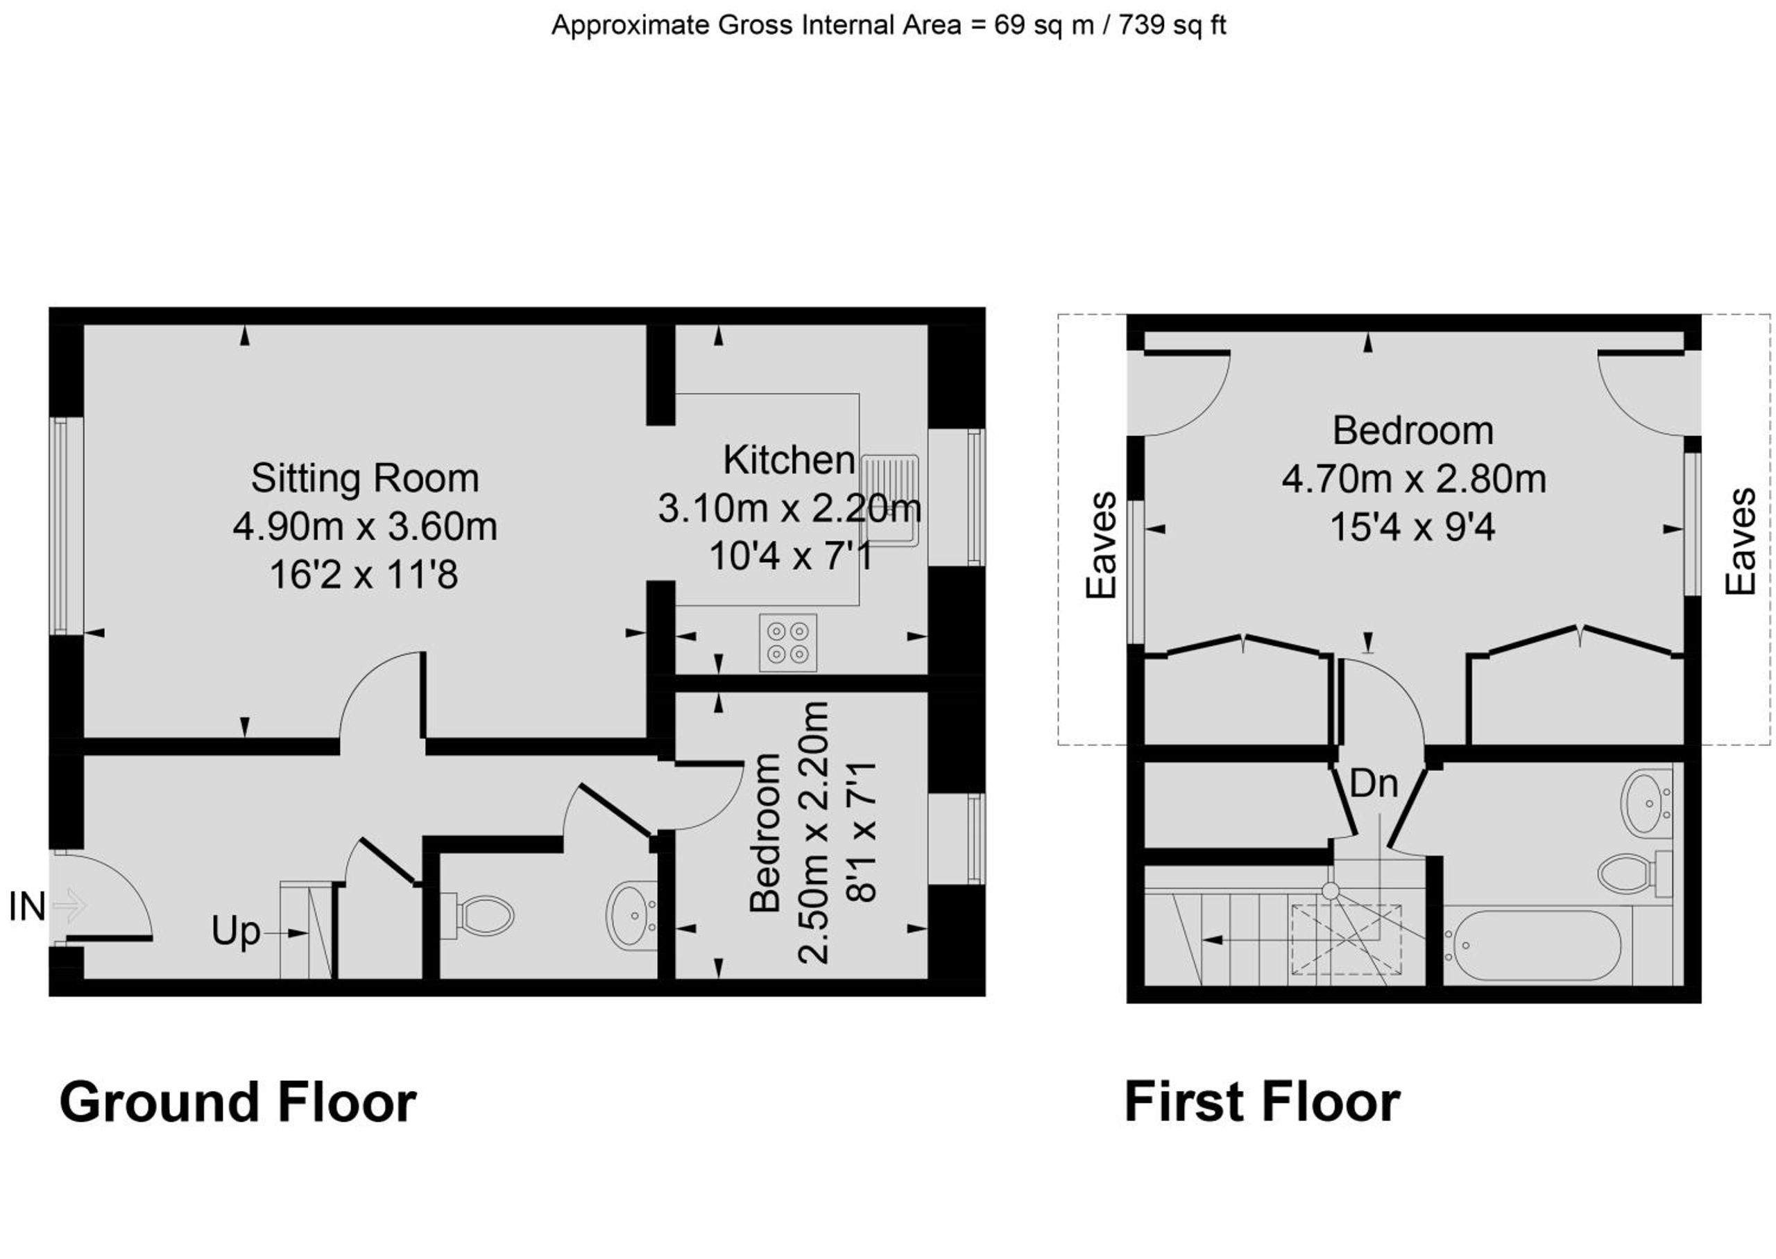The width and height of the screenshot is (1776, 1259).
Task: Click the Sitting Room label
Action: point(364,478)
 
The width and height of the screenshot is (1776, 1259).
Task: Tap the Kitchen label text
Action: point(789,460)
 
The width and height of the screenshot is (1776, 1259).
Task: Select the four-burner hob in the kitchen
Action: point(788,643)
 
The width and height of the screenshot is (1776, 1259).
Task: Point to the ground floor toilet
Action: point(478,917)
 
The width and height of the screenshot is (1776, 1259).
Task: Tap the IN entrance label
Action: point(27,907)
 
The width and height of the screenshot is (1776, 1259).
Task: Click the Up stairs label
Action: point(236,932)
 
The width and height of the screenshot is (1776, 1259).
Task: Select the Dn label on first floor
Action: point(1374,784)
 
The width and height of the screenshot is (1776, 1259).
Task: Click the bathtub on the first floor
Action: point(1537,945)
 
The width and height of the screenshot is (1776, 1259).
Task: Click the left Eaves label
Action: point(1101,545)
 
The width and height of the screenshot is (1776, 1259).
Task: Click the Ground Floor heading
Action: point(238,1102)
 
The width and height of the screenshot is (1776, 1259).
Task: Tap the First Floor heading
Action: point(1262,1102)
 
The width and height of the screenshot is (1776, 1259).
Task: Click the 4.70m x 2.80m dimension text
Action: point(1413,480)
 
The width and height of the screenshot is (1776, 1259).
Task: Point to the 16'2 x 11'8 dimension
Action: point(364,575)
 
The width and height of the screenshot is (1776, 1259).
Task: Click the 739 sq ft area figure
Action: point(1172,26)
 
